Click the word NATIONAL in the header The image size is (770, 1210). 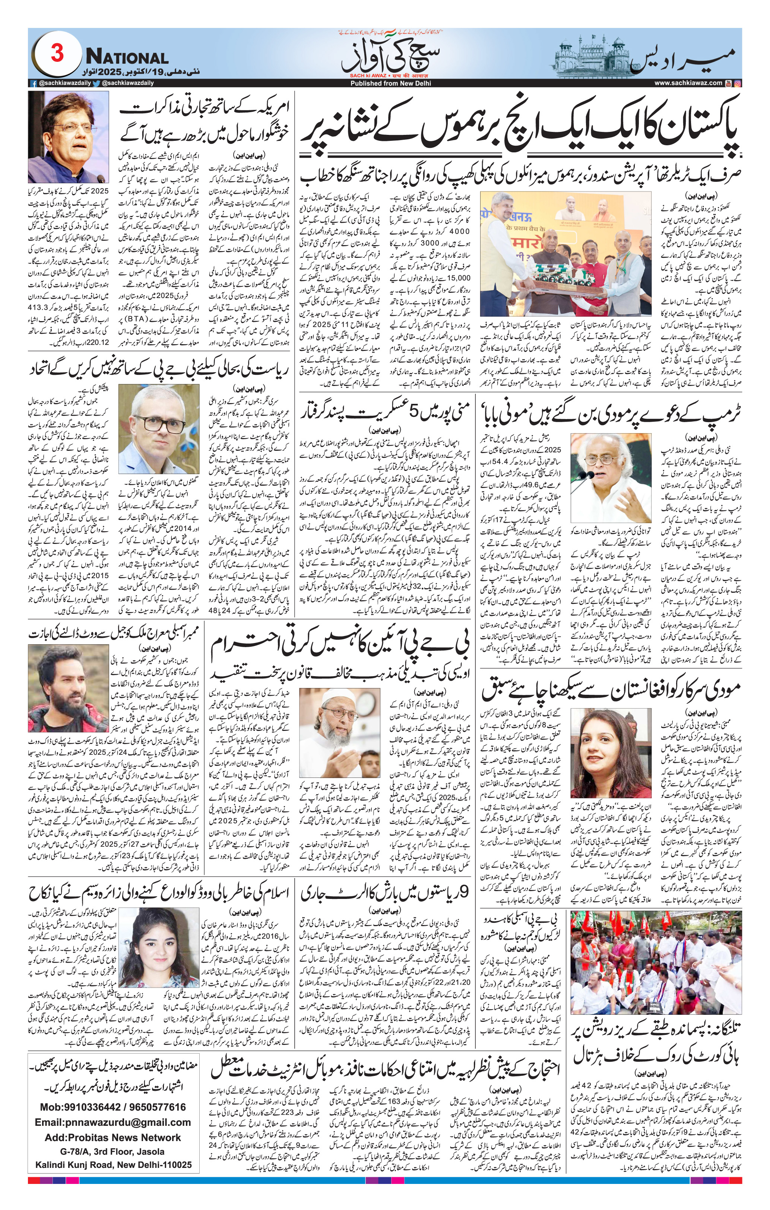[127, 57]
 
